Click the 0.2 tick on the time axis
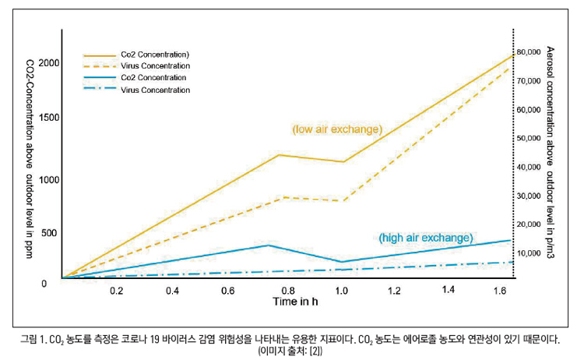point(116,291)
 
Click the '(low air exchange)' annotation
point(336,129)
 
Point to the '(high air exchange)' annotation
point(426,237)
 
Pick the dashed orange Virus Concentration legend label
point(155,67)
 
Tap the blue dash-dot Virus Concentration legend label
point(155,90)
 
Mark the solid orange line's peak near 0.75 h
point(279,155)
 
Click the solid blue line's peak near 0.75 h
point(269,245)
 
